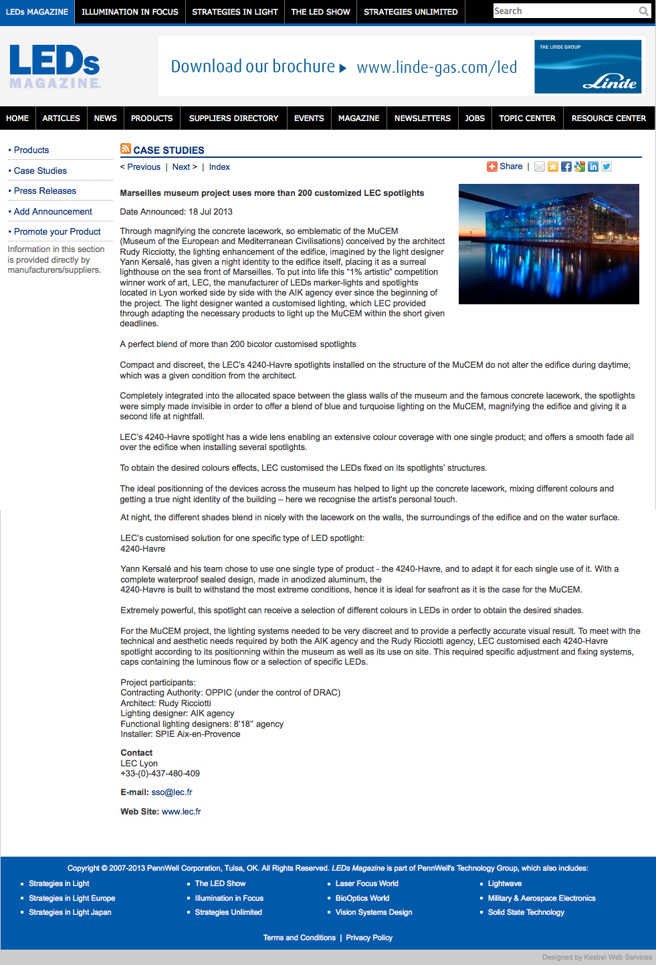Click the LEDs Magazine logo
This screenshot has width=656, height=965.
pyautogui.click(x=55, y=66)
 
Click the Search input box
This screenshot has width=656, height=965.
pyautogui.click(x=565, y=11)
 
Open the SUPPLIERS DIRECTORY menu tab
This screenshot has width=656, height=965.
pyautogui.click(x=233, y=118)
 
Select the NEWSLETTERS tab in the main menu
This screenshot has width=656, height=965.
pyautogui.click(x=422, y=118)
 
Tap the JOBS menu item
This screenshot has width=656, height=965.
pyautogui.click(x=475, y=118)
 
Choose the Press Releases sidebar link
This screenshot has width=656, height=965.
pyautogui.click(x=45, y=191)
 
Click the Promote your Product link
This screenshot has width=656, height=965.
pyautogui.click(x=57, y=232)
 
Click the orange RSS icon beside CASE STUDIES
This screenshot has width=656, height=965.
pyautogui.click(x=125, y=148)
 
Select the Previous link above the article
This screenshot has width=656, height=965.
pyautogui.click(x=143, y=167)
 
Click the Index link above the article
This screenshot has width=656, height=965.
pyautogui.click(x=219, y=167)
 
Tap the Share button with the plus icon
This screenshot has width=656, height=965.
pyautogui.click(x=505, y=167)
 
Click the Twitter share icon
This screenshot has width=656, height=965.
pyautogui.click(x=607, y=167)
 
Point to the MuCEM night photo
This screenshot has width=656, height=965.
pyautogui.click(x=548, y=244)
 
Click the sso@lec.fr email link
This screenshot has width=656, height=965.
pyautogui.click(x=172, y=792)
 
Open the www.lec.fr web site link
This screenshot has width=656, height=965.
pyautogui.click(x=181, y=812)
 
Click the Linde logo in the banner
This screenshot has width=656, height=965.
pyautogui.click(x=588, y=67)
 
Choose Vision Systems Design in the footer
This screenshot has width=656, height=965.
pyautogui.click(x=374, y=912)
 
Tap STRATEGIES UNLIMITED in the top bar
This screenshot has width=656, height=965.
pyautogui.click(x=411, y=12)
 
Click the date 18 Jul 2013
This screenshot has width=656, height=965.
pyautogui.click(x=211, y=212)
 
